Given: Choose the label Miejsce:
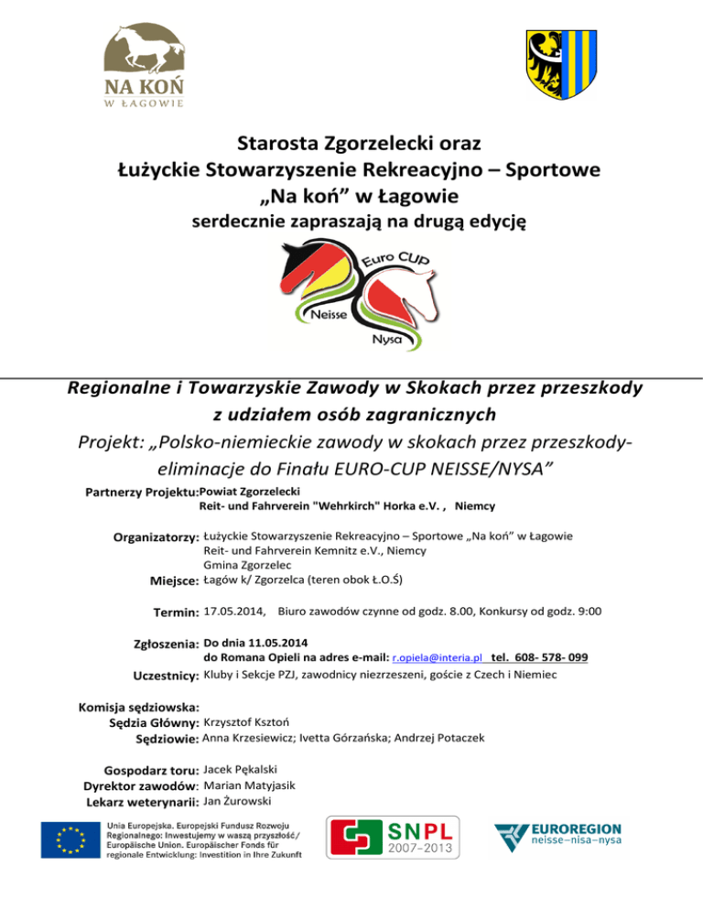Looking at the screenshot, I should point(174,580).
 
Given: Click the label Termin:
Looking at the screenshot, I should point(175,612).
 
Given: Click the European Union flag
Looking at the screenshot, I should point(70,840).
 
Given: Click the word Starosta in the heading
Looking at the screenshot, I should point(281,144).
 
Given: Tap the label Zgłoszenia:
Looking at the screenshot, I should point(166,644).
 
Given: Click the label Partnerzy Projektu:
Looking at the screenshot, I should point(141,493).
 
